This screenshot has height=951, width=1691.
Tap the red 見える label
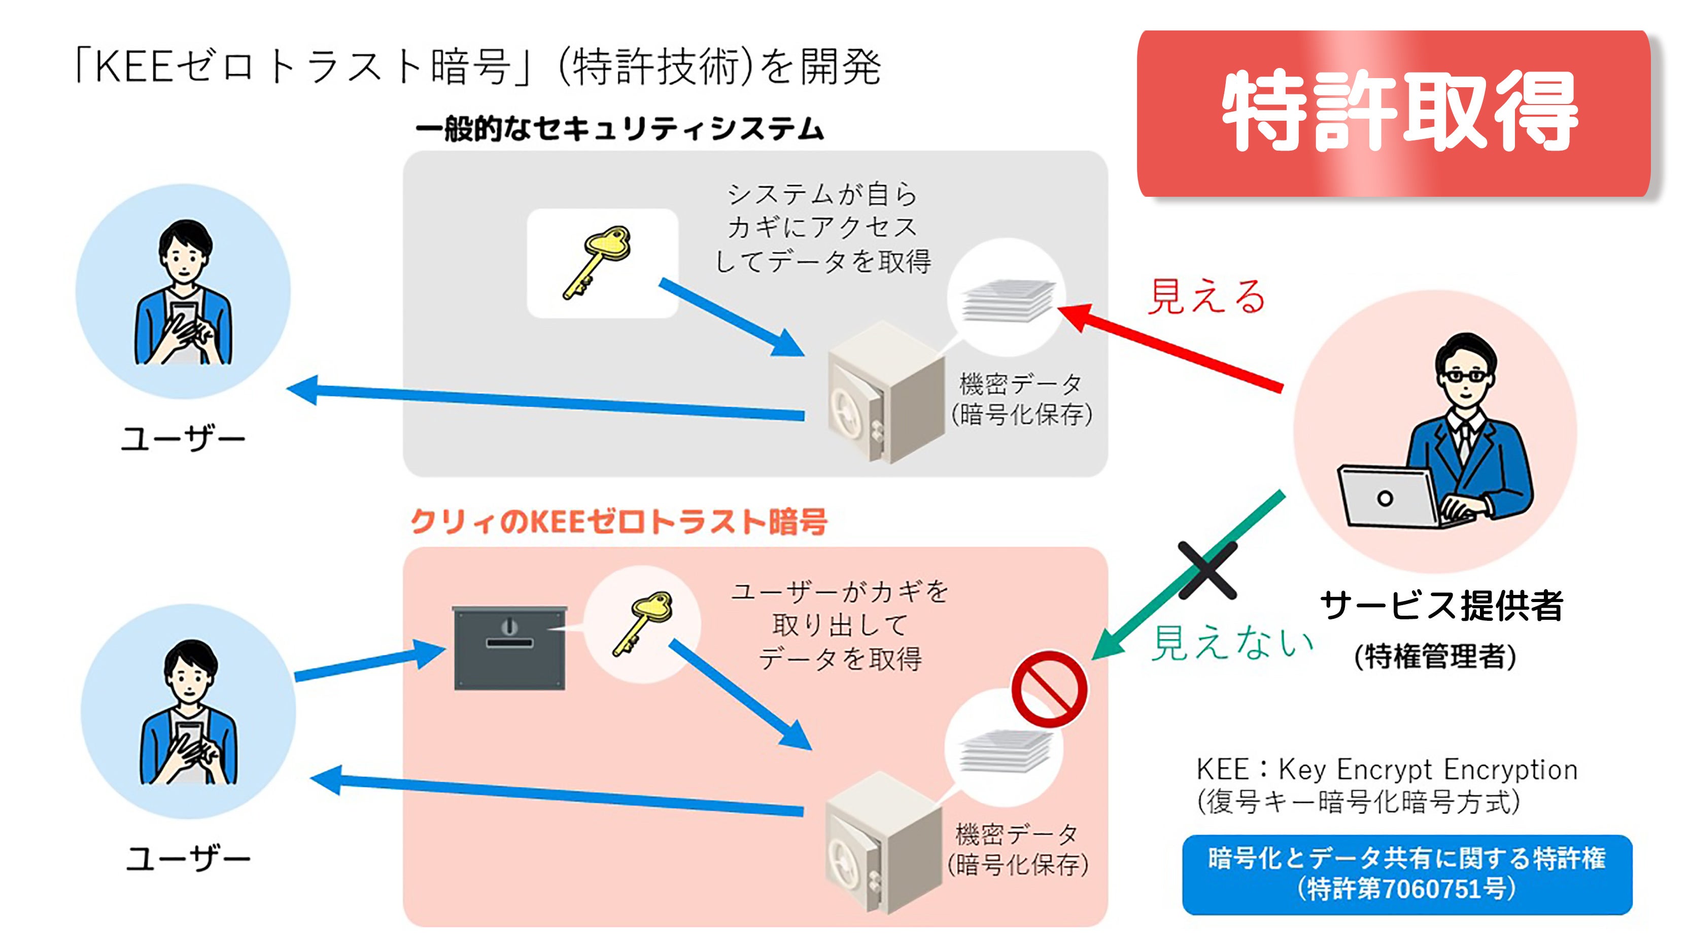click(x=1206, y=297)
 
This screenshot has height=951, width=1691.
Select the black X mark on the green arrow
click(x=1206, y=570)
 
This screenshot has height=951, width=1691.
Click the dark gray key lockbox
click(x=509, y=648)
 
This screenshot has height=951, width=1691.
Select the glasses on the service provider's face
click(x=1465, y=376)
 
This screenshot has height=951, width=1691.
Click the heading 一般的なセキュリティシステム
click(x=619, y=129)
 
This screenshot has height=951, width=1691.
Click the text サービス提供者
click(x=1441, y=605)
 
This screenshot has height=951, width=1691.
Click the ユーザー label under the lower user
click(x=188, y=859)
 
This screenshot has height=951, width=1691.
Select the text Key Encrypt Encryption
click(x=1427, y=769)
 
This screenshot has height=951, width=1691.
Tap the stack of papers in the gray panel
click(x=1008, y=301)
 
